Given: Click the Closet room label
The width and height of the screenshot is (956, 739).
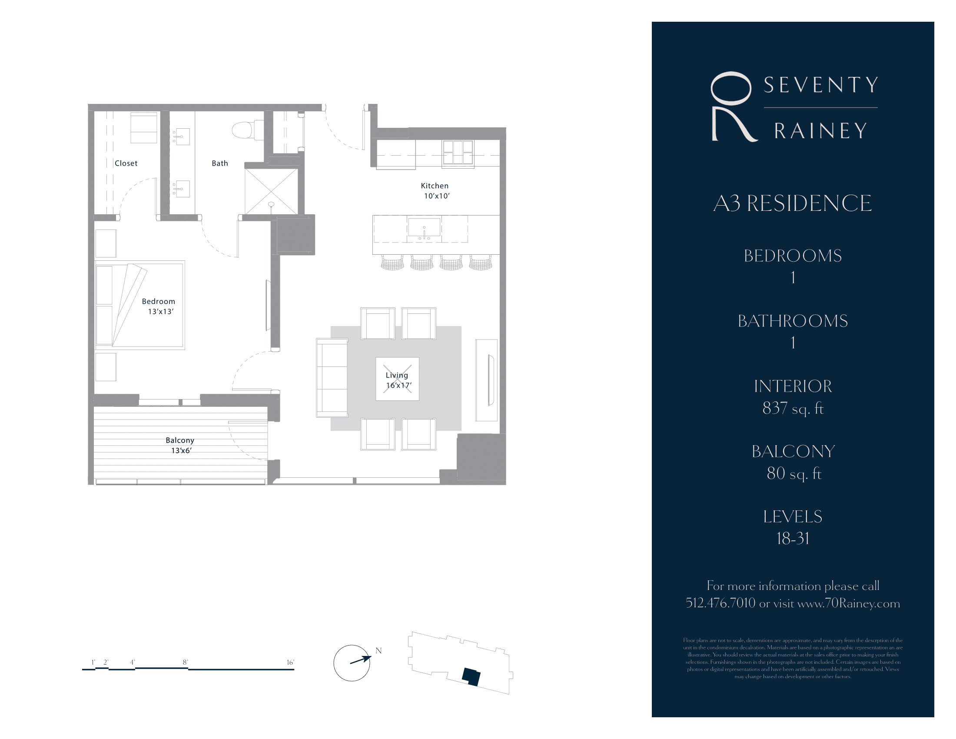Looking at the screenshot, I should [x=126, y=163].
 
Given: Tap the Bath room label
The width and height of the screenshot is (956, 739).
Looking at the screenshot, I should [x=220, y=163].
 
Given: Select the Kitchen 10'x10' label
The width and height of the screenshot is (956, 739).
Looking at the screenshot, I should [x=435, y=191].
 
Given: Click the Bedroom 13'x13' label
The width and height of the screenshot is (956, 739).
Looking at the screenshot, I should [x=159, y=306].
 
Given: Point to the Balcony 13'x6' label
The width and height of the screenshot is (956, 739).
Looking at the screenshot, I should [x=180, y=445].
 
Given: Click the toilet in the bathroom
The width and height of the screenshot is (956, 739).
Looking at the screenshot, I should [x=242, y=130].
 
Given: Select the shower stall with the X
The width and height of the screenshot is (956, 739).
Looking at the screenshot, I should [x=271, y=192].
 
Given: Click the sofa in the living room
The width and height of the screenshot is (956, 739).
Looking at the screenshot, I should [x=332, y=378].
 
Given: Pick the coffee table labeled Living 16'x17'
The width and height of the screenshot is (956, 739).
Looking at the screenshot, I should [x=397, y=379].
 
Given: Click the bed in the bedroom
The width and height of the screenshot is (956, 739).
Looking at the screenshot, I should [x=140, y=305].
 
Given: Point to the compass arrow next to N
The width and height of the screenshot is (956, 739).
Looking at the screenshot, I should [x=361, y=660].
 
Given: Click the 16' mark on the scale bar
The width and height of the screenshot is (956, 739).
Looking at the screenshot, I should [x=290, y=663].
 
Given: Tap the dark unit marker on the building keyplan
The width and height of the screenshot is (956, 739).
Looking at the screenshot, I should [x=471, y=676].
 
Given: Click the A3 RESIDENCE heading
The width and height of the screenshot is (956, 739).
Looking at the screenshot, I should [x=792, y=203].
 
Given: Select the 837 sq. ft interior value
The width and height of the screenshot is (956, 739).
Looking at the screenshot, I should [x=793, y=409].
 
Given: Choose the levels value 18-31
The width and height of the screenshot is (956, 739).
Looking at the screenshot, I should [x=793, y=539].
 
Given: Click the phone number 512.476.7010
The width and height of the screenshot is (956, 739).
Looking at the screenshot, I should [x=720, y=603].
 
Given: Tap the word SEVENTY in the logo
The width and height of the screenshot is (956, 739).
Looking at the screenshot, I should [x=821, y=85].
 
